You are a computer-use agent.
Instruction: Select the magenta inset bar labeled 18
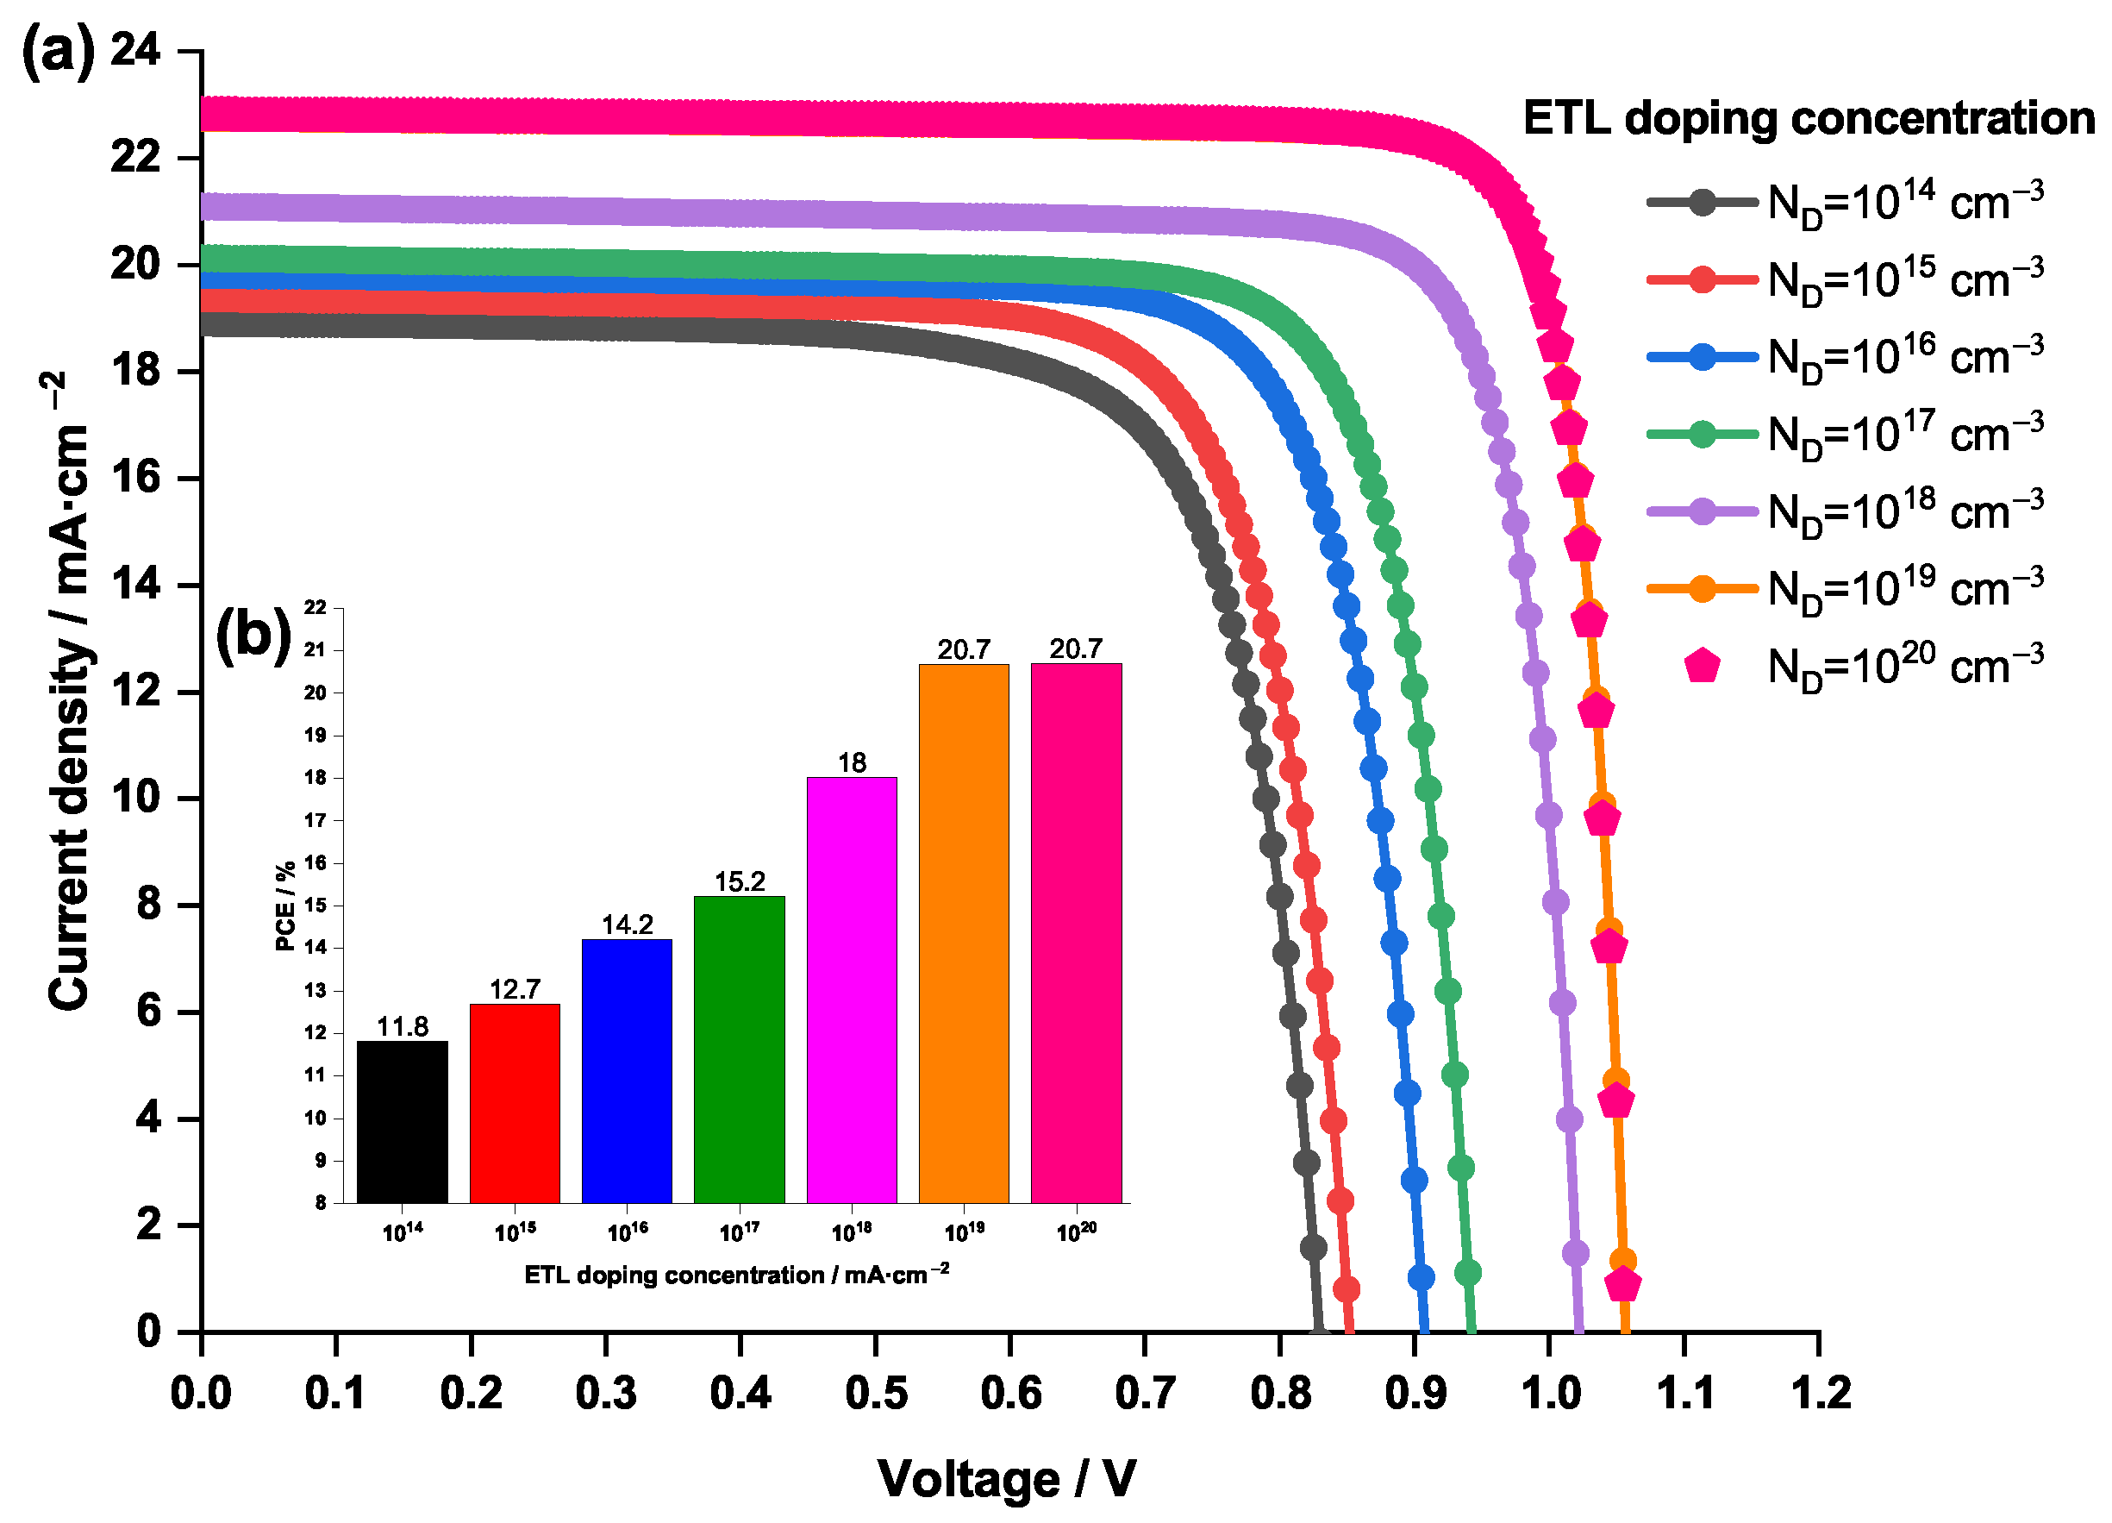click(x=851, y=989)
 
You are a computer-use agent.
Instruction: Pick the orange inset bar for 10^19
click(x=964, y=933)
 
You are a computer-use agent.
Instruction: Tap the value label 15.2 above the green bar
click(x=740, y=881)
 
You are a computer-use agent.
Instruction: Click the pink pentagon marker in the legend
click(x=1702, y=666)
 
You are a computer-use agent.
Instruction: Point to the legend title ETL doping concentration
click(x=1809, y=119)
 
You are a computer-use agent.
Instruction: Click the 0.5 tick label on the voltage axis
click(x=875, y=1395)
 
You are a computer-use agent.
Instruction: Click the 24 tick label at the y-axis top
click(x=135, y=50)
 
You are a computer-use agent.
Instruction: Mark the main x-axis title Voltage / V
click(x=1007, y=1479)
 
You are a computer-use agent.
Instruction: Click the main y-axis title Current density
click(x=69, y=689)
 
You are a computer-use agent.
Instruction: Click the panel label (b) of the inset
click(x=253, y=636)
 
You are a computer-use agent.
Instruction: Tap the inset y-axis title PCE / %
click(x=285, y=905)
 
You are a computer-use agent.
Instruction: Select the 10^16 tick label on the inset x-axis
click(x=627, y=1232)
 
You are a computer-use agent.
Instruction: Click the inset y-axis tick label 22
click(x=316, y=607)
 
